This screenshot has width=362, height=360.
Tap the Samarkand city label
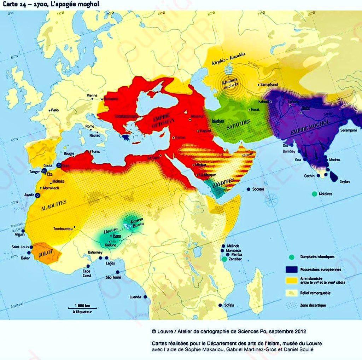[269, 85]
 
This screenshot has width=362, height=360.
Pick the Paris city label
[54, 110]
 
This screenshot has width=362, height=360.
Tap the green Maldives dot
[314, 194]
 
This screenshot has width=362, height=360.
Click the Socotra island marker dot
[249, 189]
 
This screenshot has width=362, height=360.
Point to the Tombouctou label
[63, 228]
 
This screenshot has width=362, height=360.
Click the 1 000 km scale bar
[82, 308]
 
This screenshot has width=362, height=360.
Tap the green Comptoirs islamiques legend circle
[292, 257]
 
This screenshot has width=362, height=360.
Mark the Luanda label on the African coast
[135, 297]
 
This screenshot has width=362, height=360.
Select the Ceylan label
[344, 181]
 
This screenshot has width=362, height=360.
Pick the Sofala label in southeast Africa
[229, 305]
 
